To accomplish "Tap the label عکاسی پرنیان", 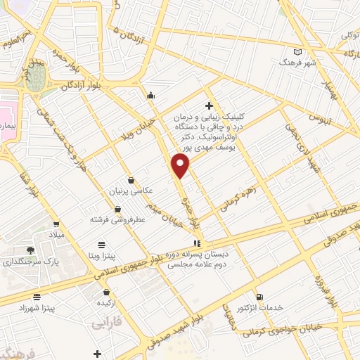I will pyautogui.click(x=124, y=191).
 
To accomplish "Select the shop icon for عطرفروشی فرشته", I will pyautogui.click(x=116, y=209).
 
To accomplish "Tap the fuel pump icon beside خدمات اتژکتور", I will pyautogui.click(x=260, y=297).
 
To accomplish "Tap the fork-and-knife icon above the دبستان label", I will pyautogui.click(x=196, y=243).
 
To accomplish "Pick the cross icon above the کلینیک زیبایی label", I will pyautogui.click(x=209, y=105).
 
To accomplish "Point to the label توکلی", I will pyautogui.click(x=350, y=34).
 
